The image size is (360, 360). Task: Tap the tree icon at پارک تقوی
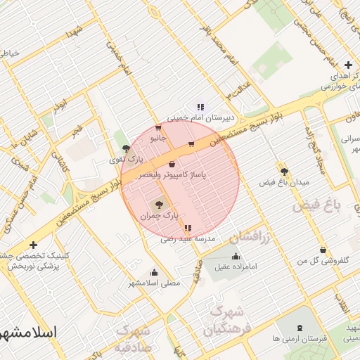126,148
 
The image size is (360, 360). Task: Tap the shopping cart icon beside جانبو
157,128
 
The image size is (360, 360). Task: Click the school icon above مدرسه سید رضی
187,228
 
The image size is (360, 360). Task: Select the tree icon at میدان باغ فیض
284,171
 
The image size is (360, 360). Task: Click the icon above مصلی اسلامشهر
154,272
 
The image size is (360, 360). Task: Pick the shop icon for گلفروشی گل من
323,250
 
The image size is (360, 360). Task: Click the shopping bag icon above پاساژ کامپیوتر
172,163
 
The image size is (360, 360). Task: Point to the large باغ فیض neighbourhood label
316,205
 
